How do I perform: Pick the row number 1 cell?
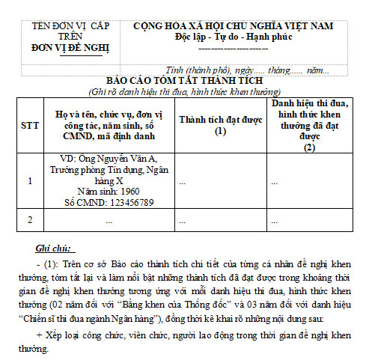tap(29, 180)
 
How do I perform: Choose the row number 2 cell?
tap(29, 219)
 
